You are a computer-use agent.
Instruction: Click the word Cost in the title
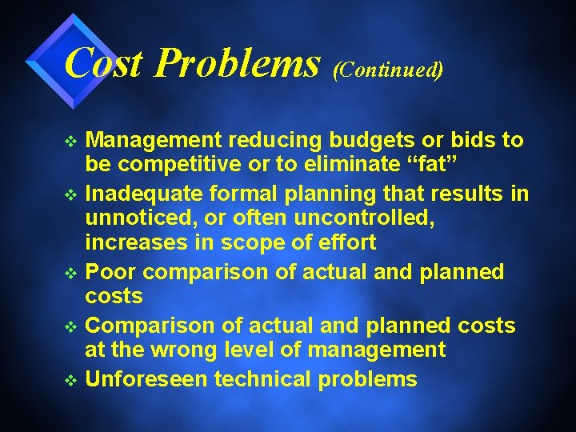[x=104, y=62]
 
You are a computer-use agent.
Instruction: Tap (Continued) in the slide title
[x=387, y=69]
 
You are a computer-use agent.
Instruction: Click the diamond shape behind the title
[x=68, y=60]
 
